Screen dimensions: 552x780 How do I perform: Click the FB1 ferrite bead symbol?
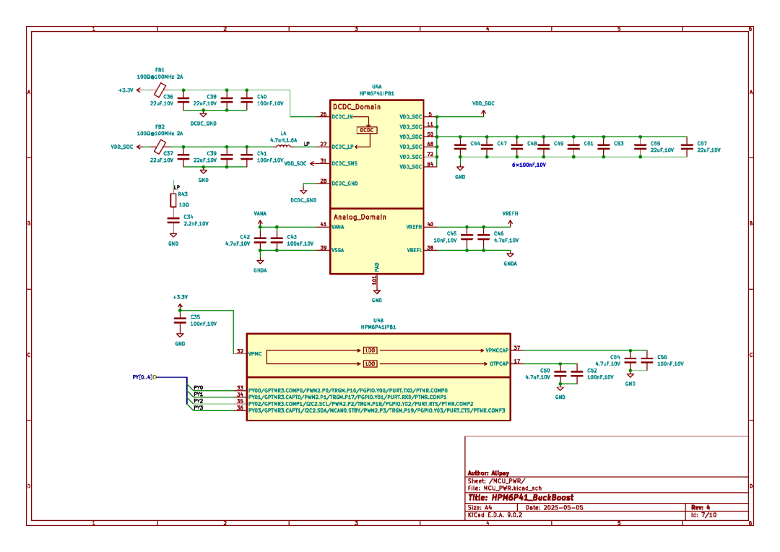160,90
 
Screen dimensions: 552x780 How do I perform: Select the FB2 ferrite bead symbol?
160,147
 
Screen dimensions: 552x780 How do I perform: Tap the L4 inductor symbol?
284,146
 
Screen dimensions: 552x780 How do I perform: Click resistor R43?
173,200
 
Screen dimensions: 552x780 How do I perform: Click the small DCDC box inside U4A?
367,130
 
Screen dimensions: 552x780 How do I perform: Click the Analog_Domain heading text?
359,217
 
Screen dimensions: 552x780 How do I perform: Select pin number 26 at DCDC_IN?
324,114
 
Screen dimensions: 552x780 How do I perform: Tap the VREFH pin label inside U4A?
414,227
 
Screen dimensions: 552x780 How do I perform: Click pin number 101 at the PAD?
374,279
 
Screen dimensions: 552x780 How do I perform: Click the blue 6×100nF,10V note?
529,165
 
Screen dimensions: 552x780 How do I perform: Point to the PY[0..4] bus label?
142,376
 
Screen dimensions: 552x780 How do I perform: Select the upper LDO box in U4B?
370,350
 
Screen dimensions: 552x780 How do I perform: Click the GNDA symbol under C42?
260,264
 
